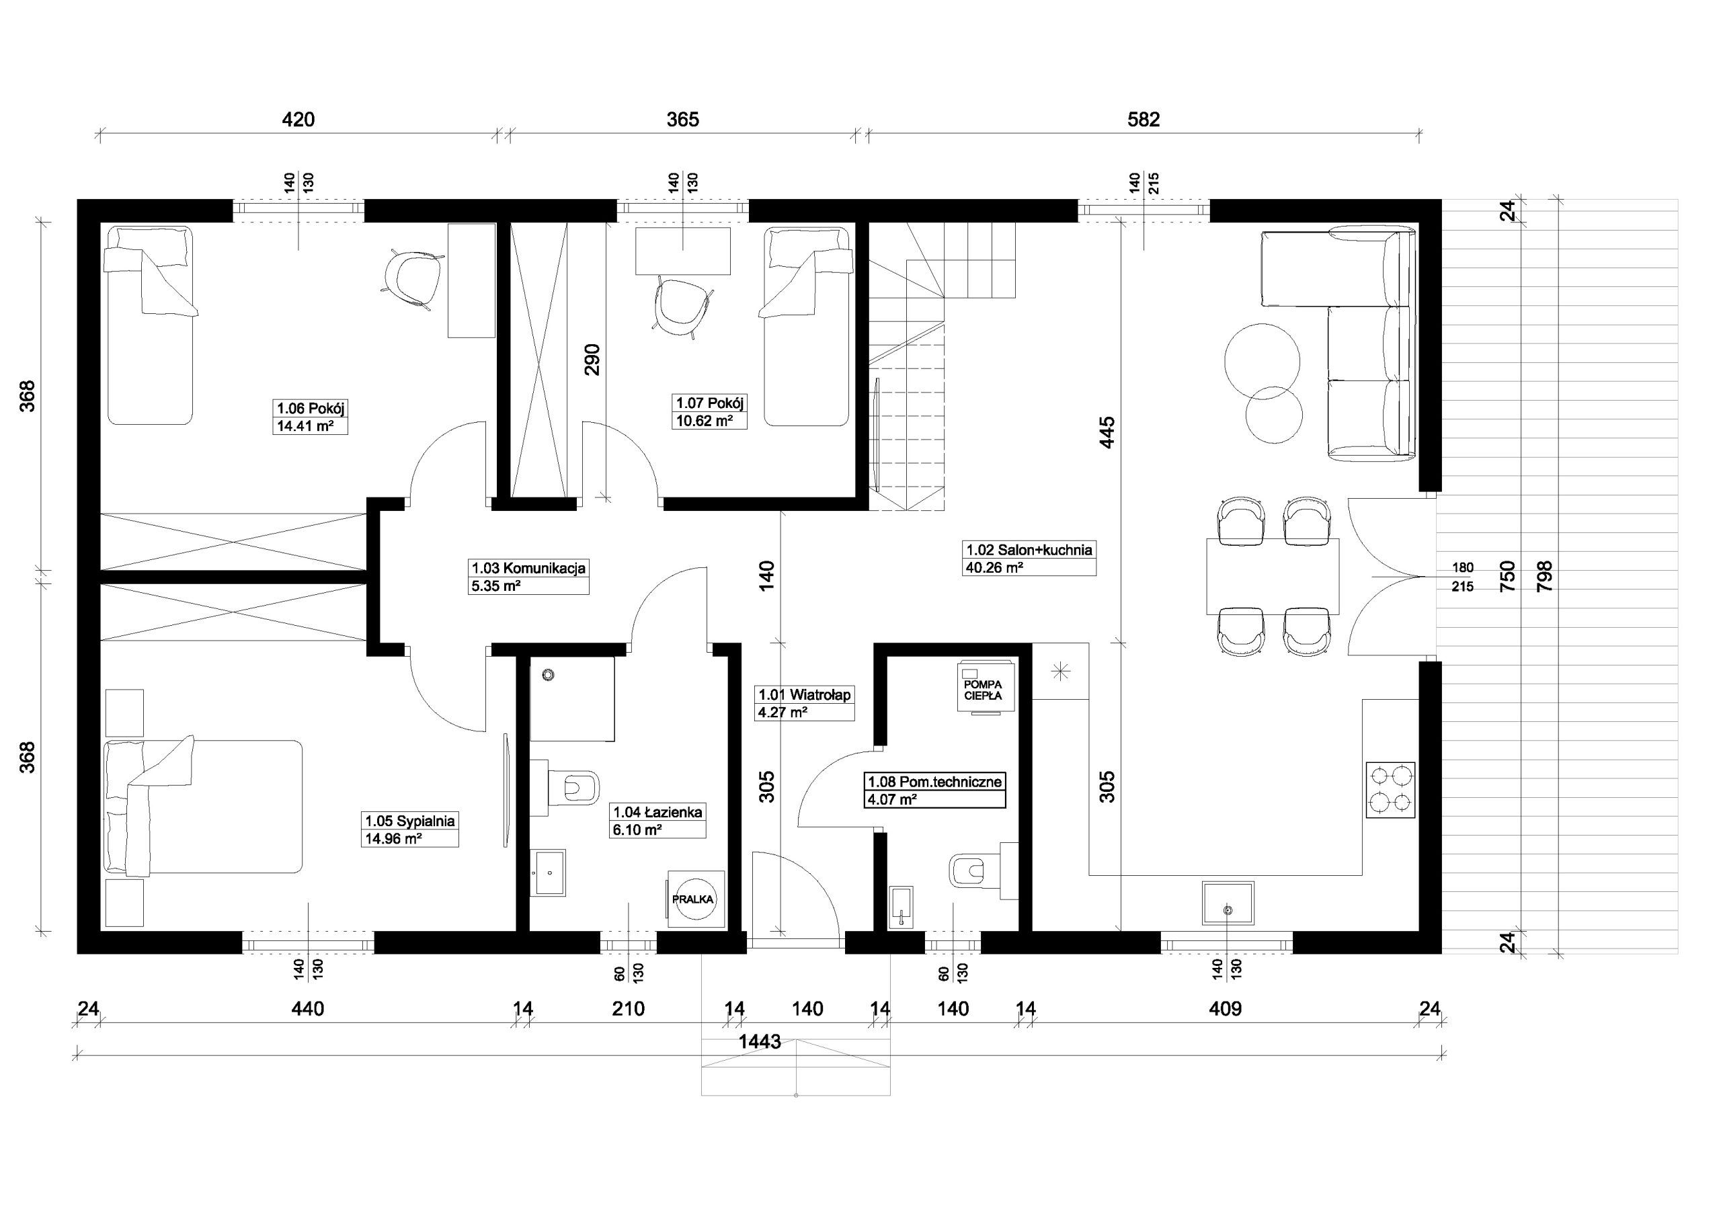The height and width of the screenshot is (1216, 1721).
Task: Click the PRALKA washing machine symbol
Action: pyautogui.click(x=696, y=899)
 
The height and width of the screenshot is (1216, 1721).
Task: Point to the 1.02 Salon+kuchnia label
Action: pyautogui.click(x=1029, y=550)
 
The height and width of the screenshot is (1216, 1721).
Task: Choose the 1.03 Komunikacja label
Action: pyautogui.click(x=528, y=567)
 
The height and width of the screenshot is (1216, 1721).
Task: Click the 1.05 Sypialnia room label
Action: pyautogui.click(x=410, y=821)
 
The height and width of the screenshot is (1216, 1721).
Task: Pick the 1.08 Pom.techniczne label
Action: pyautogui.click(x=934, y=782)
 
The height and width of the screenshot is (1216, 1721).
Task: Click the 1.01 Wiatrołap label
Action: pyautogui.click(x=804, y=695)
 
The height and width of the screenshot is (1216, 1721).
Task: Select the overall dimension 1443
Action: pyautogui.click(x=760, y=1041)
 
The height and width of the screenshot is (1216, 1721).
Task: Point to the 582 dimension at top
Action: pyautogui.click(x=1144, y=119)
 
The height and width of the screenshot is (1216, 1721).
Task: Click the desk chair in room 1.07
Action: pyautogui.click(x=682, y=303)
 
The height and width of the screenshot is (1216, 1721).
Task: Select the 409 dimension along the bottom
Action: pyautogui.click(x=1226, y=1009)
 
